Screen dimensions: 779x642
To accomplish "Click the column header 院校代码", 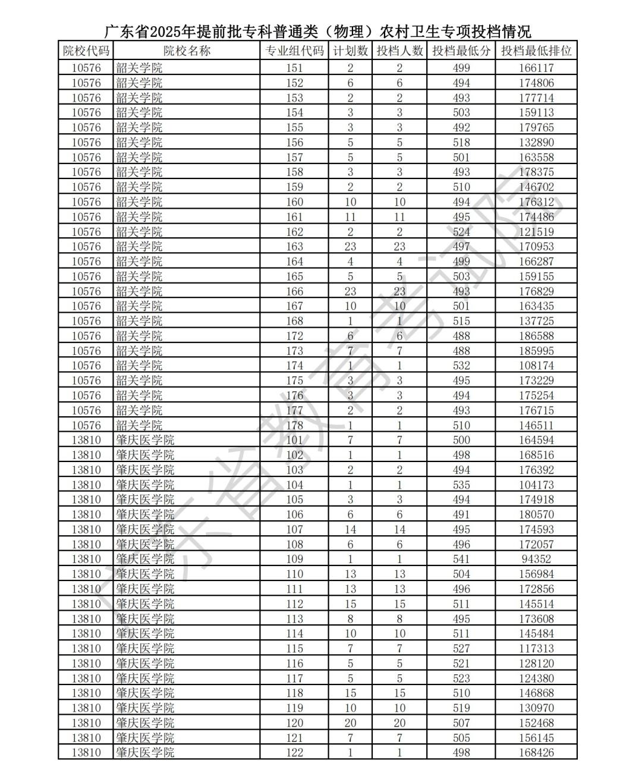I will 86,51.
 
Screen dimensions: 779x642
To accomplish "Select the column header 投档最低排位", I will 536,51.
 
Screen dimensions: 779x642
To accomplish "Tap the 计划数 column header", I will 350,51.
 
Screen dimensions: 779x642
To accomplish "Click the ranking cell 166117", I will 536,68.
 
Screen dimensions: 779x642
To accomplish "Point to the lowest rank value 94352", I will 536,559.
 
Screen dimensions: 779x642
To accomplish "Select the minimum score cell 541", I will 461,559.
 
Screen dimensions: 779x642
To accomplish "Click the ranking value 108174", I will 536,366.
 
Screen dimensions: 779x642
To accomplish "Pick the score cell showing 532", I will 461,366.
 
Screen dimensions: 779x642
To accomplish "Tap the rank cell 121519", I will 536,232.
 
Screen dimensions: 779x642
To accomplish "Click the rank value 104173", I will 536,485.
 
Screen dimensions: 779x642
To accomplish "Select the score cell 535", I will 461,485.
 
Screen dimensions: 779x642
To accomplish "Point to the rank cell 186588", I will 536,336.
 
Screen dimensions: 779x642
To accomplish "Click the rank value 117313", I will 536,648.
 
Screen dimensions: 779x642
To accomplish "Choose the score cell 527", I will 461,648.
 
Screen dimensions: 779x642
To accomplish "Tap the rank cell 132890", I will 536,143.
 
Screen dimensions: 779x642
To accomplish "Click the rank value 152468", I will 536,723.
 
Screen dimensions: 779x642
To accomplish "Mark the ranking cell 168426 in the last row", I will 536,752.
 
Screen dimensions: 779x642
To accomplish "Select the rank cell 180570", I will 536,514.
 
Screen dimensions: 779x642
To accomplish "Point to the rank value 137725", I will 536,321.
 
